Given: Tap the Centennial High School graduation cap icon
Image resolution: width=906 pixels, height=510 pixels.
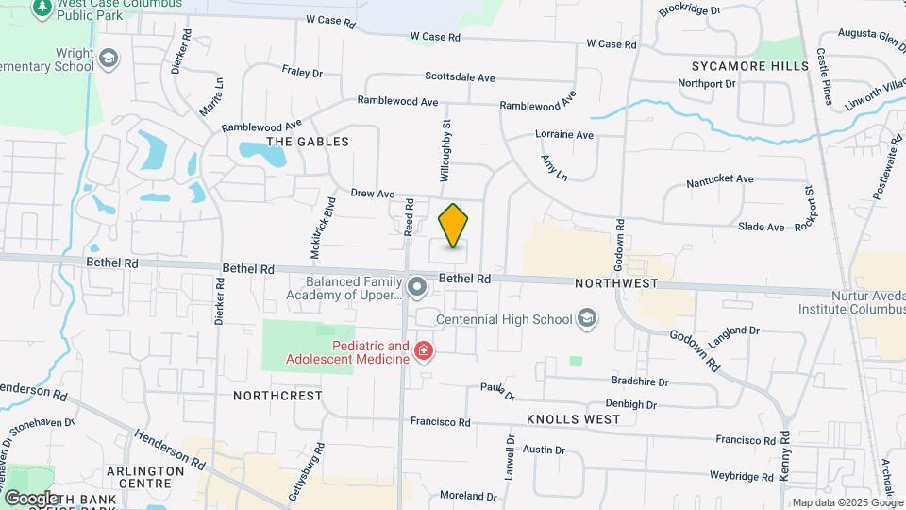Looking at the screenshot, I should point(587,318).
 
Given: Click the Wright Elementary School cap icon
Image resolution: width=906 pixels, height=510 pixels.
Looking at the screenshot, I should point(109,60).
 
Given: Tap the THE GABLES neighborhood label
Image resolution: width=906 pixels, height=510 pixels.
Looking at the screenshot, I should point(308,142).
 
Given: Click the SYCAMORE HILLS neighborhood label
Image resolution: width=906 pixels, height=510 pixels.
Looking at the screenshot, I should point(750,66).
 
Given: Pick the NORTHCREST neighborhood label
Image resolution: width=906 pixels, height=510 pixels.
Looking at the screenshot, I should point(277,396).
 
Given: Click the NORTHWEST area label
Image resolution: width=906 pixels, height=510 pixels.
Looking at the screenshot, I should point(616,283).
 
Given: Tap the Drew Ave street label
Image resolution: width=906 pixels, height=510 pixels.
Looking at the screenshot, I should point(373,193).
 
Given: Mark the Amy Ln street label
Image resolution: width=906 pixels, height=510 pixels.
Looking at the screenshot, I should point(554,169).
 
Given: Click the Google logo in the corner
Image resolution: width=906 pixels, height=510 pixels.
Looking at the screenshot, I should point(32,498).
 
